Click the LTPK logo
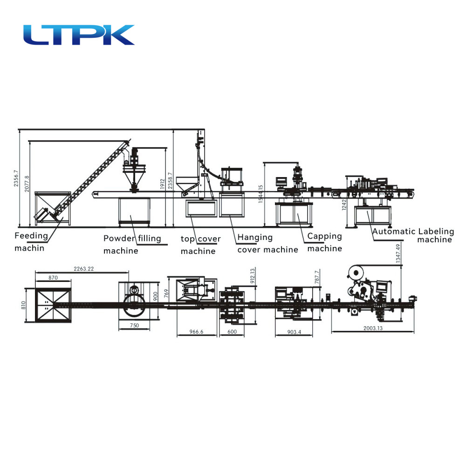(79, 35)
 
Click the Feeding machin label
(31, 241)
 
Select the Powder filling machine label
(132, 244)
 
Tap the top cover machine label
(200, 245)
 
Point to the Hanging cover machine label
(267, 243)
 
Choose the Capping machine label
(324, 242)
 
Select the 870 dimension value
(53, 277)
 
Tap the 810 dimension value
(22, 305)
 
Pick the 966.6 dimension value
(196, 332)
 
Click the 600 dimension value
(232, 332)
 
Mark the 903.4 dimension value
(295, 332)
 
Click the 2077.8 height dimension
(27, 184)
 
